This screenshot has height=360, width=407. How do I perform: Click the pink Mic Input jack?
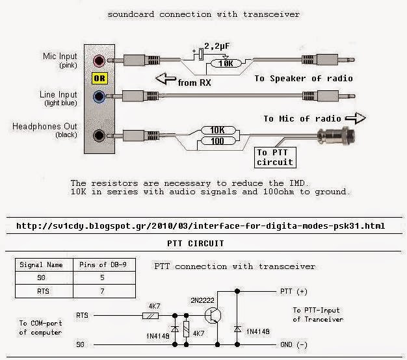pos(99,62)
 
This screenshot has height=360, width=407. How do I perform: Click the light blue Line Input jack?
pos(99,98)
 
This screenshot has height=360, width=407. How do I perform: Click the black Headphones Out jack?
pos(99,136)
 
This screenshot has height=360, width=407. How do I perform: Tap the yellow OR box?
pos(99,80)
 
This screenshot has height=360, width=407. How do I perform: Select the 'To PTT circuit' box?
pos(274,157)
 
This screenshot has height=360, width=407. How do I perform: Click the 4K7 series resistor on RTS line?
pos(152,316)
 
